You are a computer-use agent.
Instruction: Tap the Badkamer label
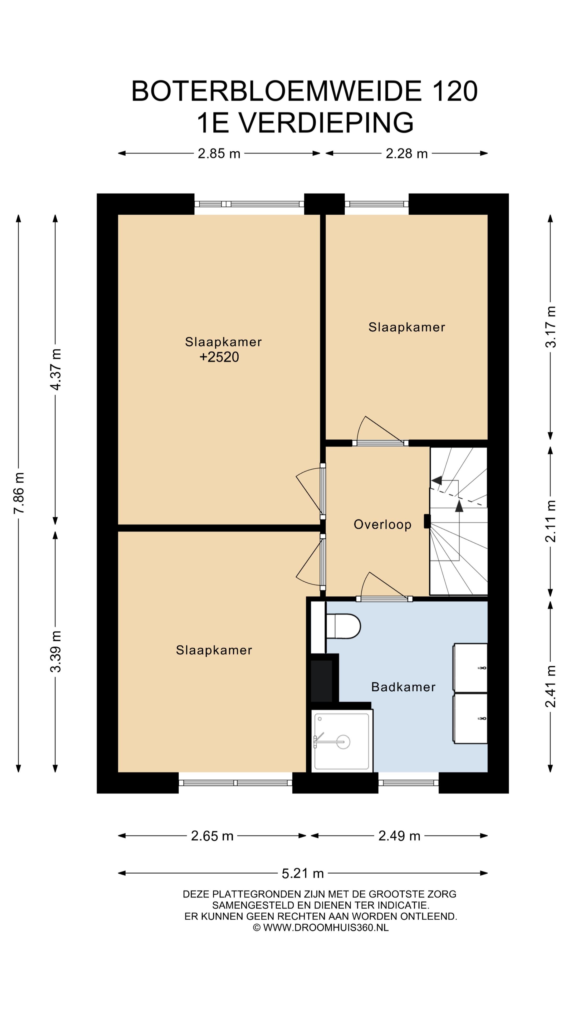point(403,687)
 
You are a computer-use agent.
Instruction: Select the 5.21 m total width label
point(303,881)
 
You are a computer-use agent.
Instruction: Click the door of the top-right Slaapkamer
point(381,430)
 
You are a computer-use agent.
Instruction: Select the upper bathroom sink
point(470,668)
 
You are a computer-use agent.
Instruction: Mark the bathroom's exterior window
point(408,782)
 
